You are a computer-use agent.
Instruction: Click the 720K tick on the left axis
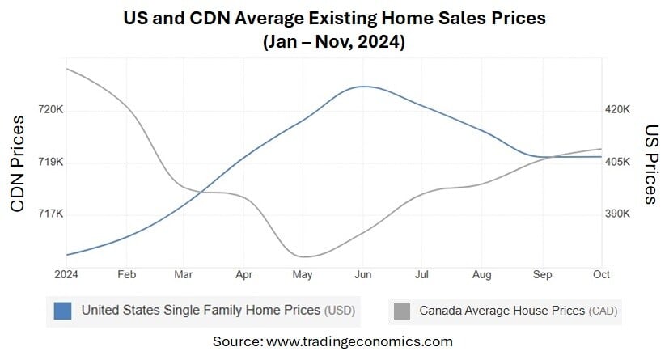(49, 110)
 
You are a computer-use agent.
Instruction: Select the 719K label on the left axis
(49, 163)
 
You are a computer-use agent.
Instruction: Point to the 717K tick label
(49, 214)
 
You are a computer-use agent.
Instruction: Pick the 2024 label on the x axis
(66, 275)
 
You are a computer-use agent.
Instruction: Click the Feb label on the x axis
(126, 275)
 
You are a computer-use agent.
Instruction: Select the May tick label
(303, 275)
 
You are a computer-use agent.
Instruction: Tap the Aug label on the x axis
(481, 275)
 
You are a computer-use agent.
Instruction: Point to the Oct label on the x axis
(600, 275)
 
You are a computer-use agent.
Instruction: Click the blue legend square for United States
(63, 310)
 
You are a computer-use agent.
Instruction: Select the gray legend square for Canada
(401, 310)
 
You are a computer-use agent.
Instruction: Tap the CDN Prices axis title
(18, 163)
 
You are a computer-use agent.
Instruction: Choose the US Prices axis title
(651, 164)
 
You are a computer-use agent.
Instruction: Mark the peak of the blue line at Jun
(363, 86)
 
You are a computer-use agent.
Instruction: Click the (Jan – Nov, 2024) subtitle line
(334, 42)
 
